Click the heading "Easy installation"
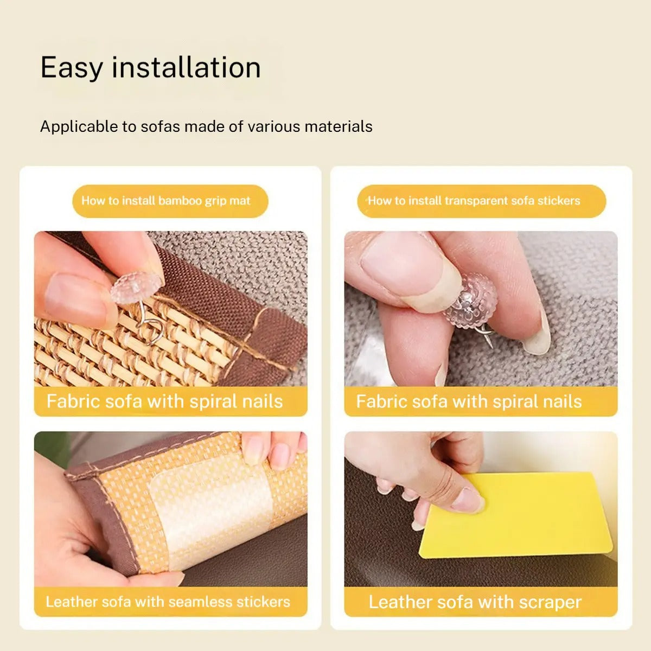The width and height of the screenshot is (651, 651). pyautogui.click(x=150, y=68)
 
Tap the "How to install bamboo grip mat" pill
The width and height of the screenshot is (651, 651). pyautogui.click(x=170, y=201)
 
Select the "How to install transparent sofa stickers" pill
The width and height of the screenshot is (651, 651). pyautogui.click(x=481, y=201)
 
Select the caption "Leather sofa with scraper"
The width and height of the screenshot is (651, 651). pyautogui.click(x=475, y=602)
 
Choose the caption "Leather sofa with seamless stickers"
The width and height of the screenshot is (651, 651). pyautogui.click(x=168, y=602)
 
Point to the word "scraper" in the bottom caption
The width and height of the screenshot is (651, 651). pyautogui.click(x=550, y=603)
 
